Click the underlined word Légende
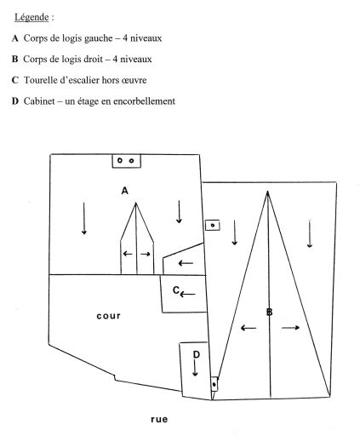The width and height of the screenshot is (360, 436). (x=31, y=17)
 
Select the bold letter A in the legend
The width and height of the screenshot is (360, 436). (x=15, y=38)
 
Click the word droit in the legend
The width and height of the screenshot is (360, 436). (x=93, y=59)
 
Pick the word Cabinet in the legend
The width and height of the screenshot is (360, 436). (x=39, y=101)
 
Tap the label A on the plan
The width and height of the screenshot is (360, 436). (x=125, y=191)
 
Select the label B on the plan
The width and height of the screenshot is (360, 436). (x=270, y=312)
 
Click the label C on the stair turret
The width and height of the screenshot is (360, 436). (x=176, y=290)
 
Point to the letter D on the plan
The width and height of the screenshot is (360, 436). (x=197, y=354)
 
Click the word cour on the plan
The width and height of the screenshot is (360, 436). (x=109, y=316)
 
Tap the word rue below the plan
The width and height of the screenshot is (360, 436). (x=159, y=419)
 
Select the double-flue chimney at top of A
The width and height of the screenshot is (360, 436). (x=126, y=161)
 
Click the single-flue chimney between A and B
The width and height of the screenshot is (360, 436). (x=213, y=225)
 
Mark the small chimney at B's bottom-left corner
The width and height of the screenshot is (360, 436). (x=214, y=384)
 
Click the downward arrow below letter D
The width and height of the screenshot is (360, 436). (x=195, y=368)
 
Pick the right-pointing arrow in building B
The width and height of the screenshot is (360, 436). (x=290, y=328)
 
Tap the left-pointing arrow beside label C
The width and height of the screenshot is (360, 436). (x=187, y=295)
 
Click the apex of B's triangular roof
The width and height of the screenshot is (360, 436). (x=267, y=192)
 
